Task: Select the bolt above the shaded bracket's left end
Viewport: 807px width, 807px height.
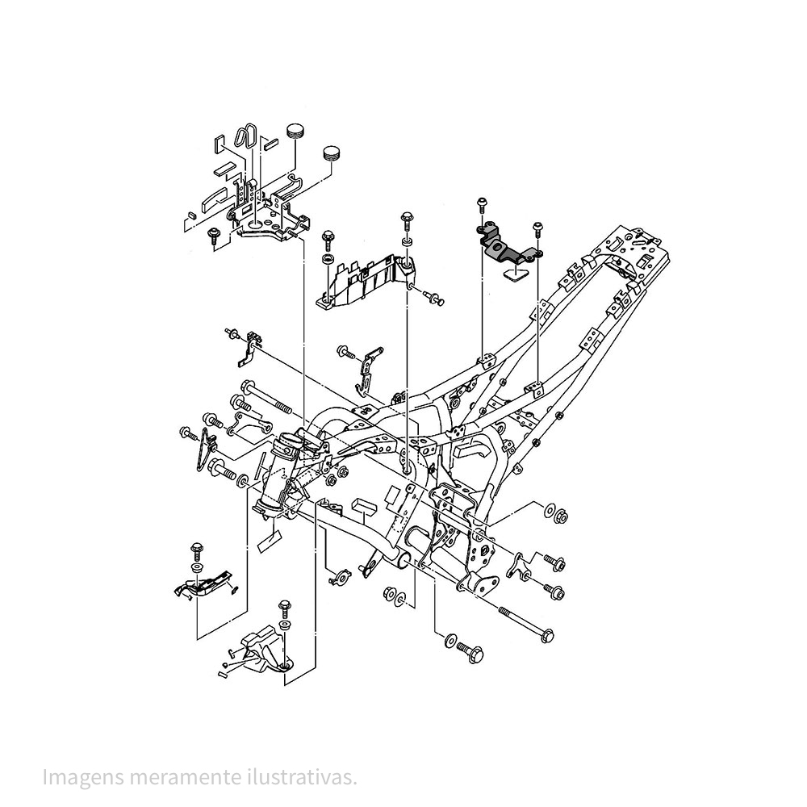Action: click(x=481, y=203)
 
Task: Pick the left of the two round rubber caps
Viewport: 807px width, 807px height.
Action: click(x=294, y=132)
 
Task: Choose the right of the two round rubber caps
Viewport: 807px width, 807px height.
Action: click(x=332, y=153)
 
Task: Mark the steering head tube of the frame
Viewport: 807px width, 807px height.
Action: click(x=278, y=476)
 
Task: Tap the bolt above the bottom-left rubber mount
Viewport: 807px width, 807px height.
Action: click(x=284, y=606)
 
